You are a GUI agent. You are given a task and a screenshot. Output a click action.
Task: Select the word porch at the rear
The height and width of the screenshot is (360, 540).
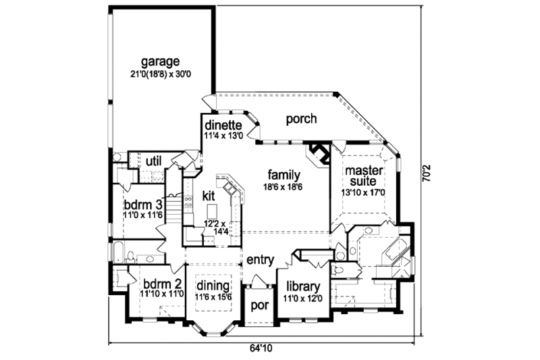click(x=301, y=119)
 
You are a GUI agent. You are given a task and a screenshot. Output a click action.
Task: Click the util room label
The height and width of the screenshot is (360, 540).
click(x=153, y=161)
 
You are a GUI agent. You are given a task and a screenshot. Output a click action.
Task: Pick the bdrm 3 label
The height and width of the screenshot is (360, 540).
click(x=142, y=204)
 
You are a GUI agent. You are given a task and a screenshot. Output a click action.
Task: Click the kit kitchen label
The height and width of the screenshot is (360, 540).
click(x=209, y=196)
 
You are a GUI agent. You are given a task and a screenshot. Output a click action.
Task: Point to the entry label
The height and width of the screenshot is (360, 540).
click(x=259, y=259)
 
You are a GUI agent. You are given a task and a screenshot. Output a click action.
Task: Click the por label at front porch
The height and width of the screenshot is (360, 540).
click(x=260, y=305)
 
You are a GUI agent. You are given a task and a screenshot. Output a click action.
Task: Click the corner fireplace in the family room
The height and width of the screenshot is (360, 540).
click(x=317, y=152)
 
